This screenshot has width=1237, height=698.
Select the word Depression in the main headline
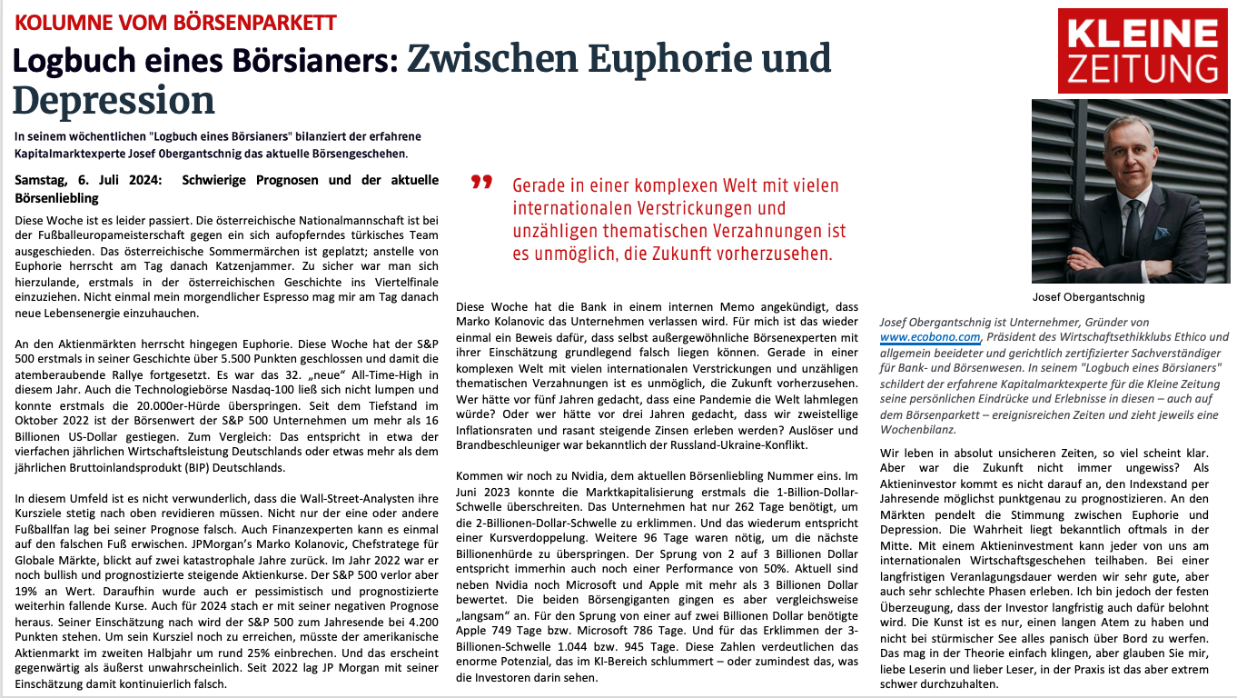click(x=114, y=100)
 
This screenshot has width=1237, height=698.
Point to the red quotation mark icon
click(x=481, y=183)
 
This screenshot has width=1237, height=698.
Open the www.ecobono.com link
click(x=930, y=337)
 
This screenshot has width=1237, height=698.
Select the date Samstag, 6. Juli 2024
click(x=88, y=180)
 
